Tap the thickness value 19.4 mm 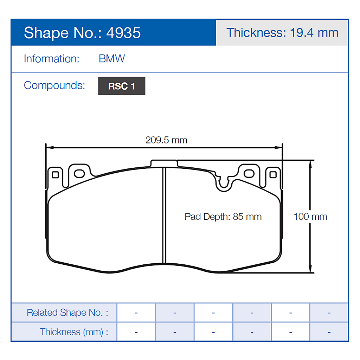coord(314,33)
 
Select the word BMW coord(112,58)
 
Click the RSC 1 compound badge coord(122,86)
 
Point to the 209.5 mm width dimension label coord(166,140)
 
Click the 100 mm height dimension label coord(310,216)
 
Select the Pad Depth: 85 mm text coord(223,216)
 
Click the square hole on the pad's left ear coord(55,175)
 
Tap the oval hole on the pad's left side coord(79,173)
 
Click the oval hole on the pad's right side coord(249,173)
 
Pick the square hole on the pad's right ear coord(273,175)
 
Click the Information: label coord(51,58)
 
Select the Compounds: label coord(54,85)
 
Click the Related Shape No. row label coord(67,312)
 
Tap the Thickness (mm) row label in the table coord(74,332)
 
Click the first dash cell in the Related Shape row coord(136,312)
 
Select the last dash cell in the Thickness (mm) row coord(329,332)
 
